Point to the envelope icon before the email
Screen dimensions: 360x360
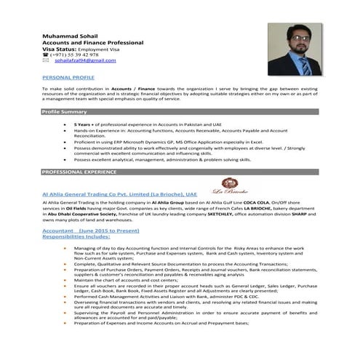pyautogui.click(x=47, y=64)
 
